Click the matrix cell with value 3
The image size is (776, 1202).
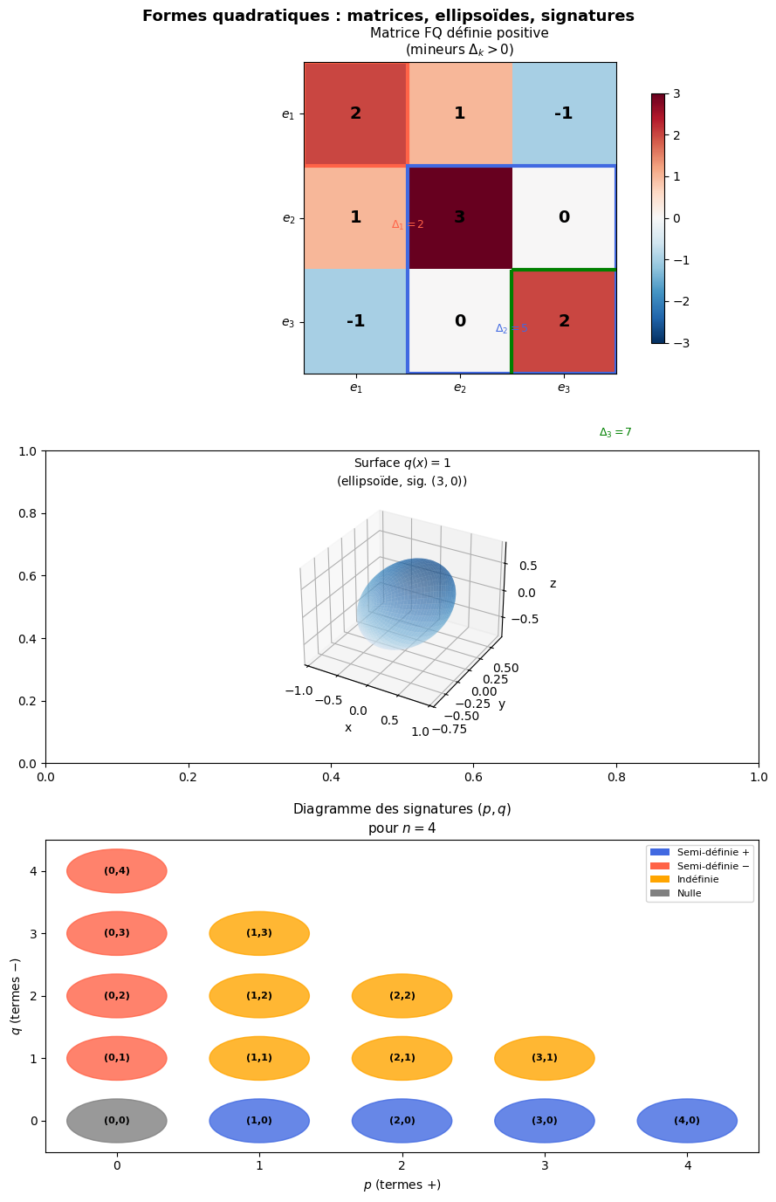click(460, 217)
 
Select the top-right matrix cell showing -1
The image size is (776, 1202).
click(564, 113)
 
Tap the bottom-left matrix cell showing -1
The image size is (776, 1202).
click(355, 321)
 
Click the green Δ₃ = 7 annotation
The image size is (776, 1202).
click(615, 432)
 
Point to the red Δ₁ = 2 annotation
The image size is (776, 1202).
click(407, 224)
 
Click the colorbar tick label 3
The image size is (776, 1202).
click(676, 93)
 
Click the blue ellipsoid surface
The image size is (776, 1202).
click(406, 602)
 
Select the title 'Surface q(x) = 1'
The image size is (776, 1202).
click(402, 464)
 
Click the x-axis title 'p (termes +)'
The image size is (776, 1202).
click(402, 1185)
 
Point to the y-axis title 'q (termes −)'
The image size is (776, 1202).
click(16, 996)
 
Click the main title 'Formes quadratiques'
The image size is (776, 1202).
click(388, 16)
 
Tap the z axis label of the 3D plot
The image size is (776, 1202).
click(553, 584)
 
